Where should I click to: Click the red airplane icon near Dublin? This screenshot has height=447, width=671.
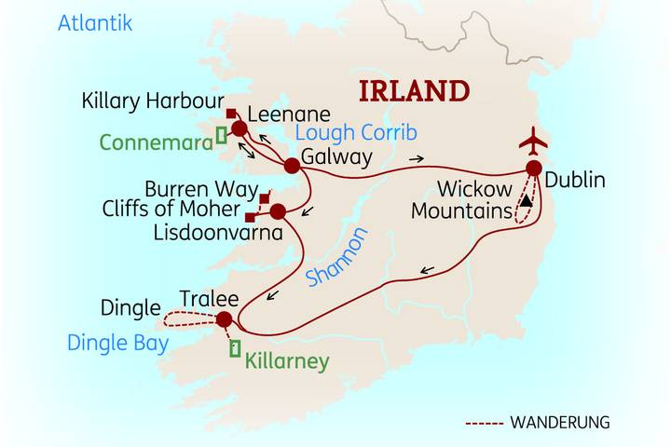coord(533,142)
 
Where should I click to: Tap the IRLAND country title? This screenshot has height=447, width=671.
coord(415,91)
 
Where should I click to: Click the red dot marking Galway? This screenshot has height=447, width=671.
coord(292,166)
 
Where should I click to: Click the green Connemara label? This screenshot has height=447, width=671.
coord(154,142)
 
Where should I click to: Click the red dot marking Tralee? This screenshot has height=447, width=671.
coord(224,319)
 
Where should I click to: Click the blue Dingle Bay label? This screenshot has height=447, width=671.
coord(117,343)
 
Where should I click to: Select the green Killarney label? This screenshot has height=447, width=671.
coord(286,359)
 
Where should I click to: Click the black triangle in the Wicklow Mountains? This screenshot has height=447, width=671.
coord(527,200)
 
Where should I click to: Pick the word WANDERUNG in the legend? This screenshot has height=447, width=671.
coord(559,422)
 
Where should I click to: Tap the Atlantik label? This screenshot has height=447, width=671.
coord(95,23)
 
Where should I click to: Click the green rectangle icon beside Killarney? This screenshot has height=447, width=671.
coord(235,349)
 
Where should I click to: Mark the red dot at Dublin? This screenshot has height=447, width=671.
coord(533,169)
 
